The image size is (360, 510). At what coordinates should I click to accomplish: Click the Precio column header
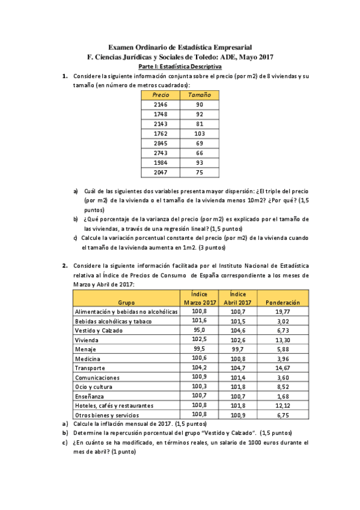[160, 95]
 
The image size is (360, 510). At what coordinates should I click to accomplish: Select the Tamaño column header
[200, 95]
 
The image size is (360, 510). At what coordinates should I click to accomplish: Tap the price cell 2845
[160, 144]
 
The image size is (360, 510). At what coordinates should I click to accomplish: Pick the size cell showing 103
[200, 134]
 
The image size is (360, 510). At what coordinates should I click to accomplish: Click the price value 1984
[160, 163]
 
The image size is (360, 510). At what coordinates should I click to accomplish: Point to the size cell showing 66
[200, 153]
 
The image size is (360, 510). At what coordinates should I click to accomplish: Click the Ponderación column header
[282, 303]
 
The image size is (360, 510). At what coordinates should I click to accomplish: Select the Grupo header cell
[126, 303]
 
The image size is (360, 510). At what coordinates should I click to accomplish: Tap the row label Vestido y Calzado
[99, 331]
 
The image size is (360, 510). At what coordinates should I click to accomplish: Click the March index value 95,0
[199, 330]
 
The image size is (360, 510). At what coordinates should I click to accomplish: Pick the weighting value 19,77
[282, 312]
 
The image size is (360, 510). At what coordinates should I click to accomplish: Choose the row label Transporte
[90, 368]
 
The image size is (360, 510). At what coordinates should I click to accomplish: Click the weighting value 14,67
[282, 367]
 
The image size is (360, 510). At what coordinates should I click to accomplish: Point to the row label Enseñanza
[90, 396]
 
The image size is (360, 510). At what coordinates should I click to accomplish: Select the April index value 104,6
[238, 330]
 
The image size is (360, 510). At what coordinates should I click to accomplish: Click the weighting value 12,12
[282, 405]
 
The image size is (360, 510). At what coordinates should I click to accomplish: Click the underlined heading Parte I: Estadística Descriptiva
[180, 67]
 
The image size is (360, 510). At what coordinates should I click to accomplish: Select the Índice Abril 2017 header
[238, 298]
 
